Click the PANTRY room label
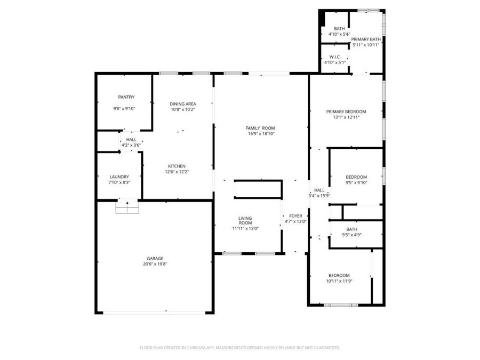(126, 97)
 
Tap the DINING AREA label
(183, 104)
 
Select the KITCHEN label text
(177, 166)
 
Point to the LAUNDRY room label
(119, 177)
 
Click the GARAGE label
(155, 259)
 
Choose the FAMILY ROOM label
(260, 128)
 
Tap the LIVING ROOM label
(245, 221)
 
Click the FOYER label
(295, 216)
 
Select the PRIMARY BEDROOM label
(346, 112)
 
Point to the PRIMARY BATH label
(366, 39)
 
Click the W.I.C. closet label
(334, 57)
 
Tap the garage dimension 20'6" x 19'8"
(155, 264)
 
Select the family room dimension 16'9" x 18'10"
(260, 134)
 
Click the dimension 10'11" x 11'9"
(339, 281)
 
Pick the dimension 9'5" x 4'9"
(352, 235)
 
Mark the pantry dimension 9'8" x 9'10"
(124, 109)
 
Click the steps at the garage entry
(127, 207)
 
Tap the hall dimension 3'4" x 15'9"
(319, 196)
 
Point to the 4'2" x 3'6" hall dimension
(131, 146)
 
